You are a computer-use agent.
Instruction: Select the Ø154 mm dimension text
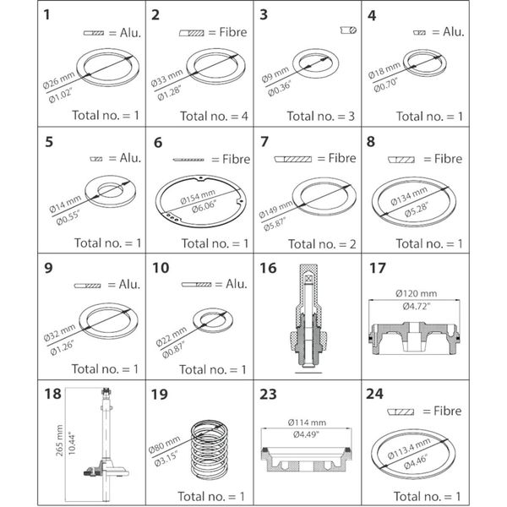coord(199,199)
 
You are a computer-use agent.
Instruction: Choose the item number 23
coord(268,395)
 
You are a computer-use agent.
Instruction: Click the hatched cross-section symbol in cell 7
coord(293,158)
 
